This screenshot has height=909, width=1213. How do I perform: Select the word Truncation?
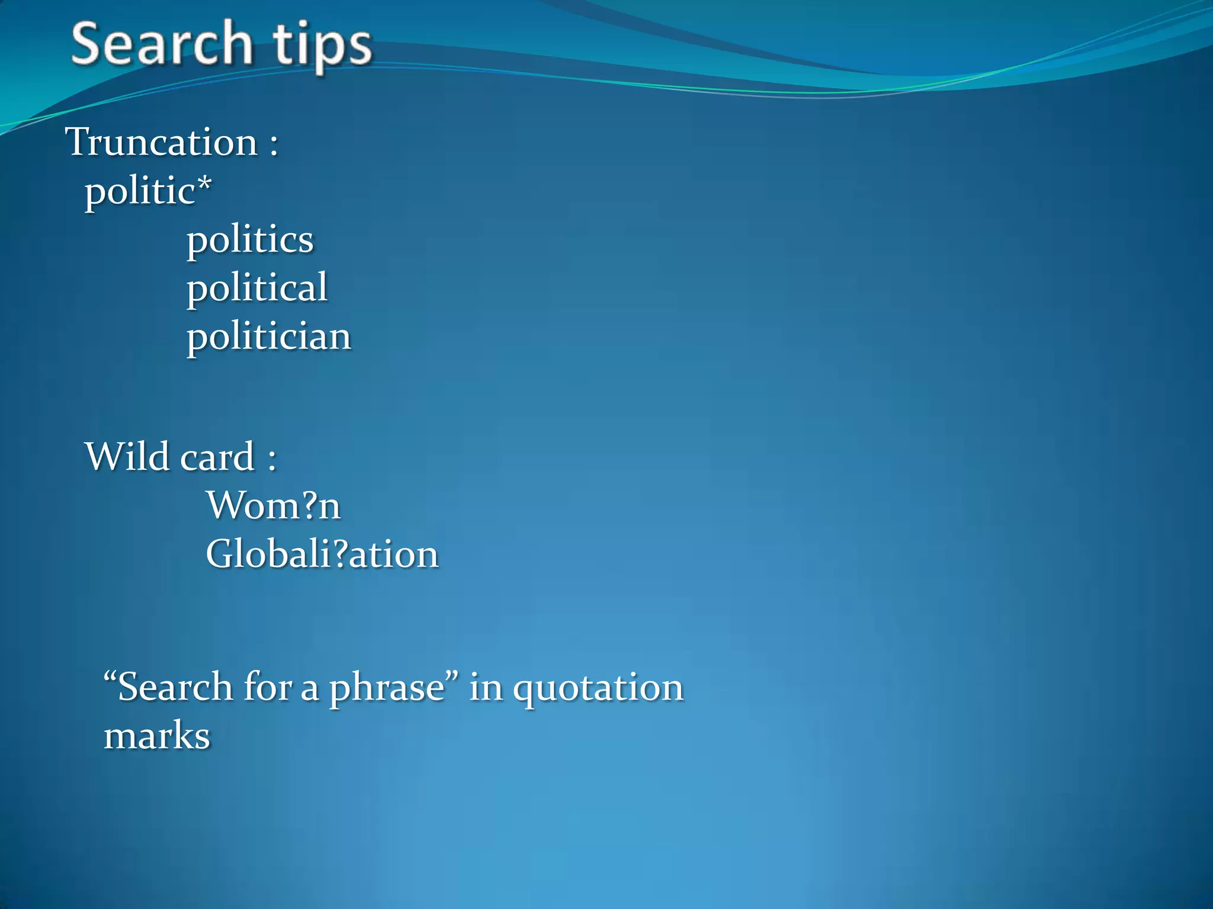pyautogui.click(x=162, y=142)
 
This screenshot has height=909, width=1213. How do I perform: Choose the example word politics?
pyautogui.click(x=250, y=240)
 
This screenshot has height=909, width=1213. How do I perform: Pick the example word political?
pyautogui.click(x=257, y=288)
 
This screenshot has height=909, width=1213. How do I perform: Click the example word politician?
pyautogui.click(x=269, y=337)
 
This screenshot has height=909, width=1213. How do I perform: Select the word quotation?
pyautogui.click(x=598, y=688)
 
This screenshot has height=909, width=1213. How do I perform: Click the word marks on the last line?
pyautogui.click(x=157, y=736)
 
